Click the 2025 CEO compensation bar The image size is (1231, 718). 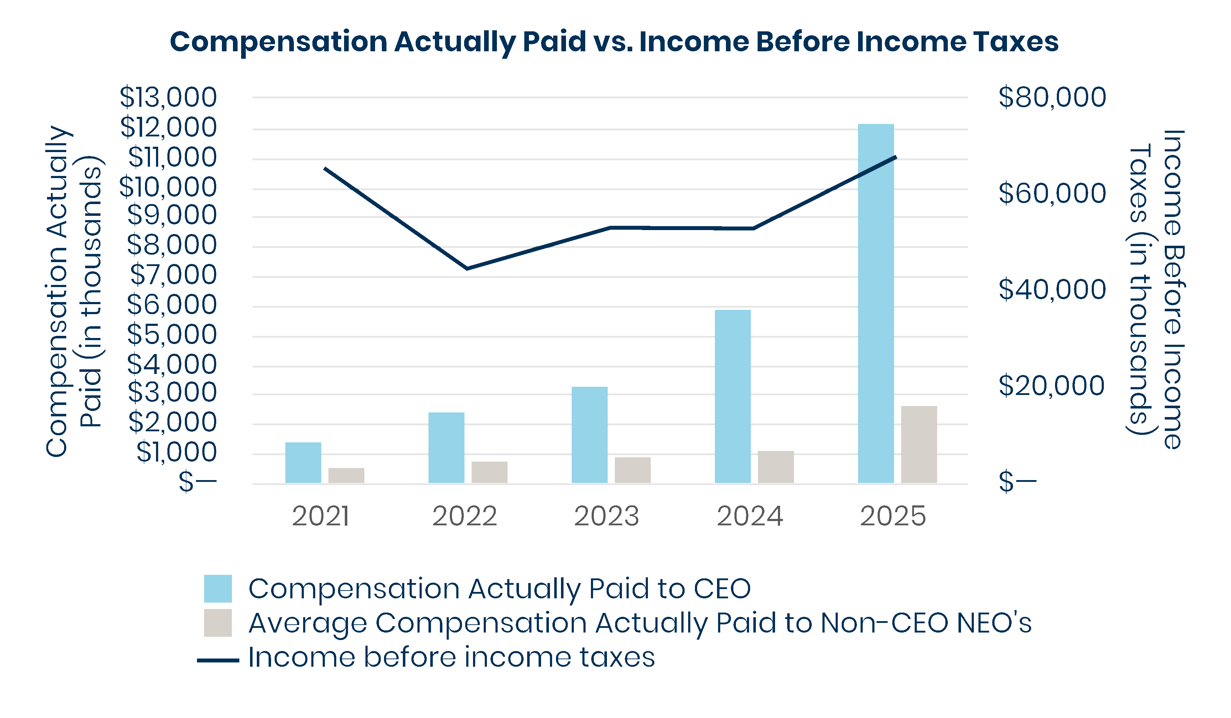(876, 303)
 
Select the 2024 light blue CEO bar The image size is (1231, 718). (733, 396)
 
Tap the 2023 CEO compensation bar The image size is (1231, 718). (589, 435)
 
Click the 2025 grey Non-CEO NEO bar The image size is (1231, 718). (919, 444)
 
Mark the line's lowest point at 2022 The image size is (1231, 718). (467, 269)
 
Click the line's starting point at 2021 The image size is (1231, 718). (325, 168)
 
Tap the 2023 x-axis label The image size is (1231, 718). (607, 516)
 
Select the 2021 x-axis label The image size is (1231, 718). (321, 516)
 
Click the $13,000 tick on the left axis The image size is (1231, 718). (168, 97)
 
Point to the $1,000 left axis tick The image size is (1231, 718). (176, 452)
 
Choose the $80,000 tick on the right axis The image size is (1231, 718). (1052, 97)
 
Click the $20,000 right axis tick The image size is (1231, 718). (1051, 386)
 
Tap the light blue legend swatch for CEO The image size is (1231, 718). (218, 589)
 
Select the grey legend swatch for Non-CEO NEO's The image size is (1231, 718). (218, 623)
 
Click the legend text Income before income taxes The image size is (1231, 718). (451, 657)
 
